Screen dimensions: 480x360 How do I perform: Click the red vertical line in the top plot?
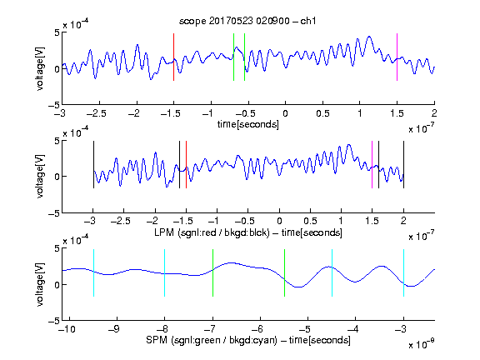coord(173,57)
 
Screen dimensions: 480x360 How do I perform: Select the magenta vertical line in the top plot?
coord(397,57)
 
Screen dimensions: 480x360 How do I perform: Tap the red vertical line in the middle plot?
coord(186,165)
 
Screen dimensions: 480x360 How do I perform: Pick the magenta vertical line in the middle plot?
coord(372,165)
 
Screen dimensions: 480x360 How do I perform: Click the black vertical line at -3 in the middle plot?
coord(93,165)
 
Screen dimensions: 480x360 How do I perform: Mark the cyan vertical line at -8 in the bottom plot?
coord(165,272)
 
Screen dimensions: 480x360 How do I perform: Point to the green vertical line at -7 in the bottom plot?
coord(212,272)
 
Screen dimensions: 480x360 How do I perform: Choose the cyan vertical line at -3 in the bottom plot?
coord(404,272)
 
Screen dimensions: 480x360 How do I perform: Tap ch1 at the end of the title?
coord(308,21)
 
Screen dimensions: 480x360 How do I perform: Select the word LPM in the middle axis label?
coord(164,232)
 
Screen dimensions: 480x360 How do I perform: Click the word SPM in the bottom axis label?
coord(157,340)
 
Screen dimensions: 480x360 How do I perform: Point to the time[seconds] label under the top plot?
coord(248,124)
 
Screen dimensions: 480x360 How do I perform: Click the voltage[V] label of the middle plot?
coord(40,176)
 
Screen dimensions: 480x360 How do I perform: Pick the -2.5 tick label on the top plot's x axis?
coord(97,113)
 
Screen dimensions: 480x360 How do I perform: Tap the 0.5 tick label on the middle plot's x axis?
coord(310,221)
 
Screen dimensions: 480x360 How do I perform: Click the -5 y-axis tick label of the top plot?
coord(54,105)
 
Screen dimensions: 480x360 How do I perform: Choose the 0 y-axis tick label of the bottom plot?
coord(57,285)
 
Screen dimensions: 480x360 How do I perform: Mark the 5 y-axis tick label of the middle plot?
coord(57,141)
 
